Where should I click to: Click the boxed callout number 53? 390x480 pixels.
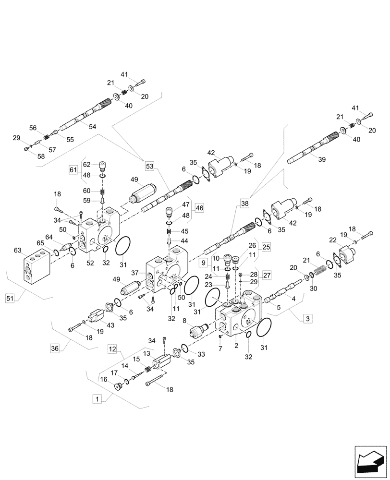[x=149, y=167]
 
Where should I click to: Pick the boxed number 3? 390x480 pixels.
[x=307, y=318]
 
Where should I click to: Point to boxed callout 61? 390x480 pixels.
[x=73, y=170]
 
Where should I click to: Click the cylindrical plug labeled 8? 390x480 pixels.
[x=198, y=332]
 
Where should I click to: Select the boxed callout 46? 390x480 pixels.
[x=199, y=208]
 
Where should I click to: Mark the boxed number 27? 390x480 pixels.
[x=267, y=276]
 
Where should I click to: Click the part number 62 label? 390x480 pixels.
[x=87, y=164]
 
